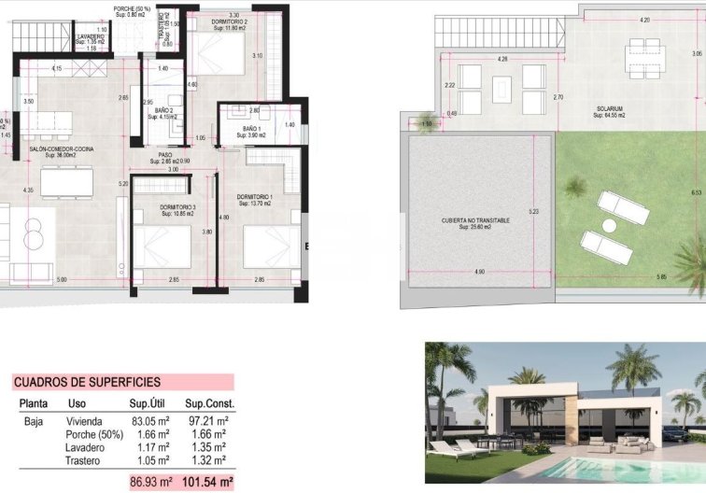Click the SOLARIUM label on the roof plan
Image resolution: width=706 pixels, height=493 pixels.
[x=610, y=108]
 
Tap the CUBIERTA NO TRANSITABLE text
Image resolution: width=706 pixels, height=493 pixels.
[x=476, y=220]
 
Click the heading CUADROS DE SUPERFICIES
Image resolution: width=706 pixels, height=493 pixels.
[x=87, y=382]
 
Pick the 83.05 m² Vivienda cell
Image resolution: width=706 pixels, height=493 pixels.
[x=149, y=420]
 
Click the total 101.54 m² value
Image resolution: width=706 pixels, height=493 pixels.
[x=206, y=482]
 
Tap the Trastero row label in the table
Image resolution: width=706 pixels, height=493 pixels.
[x=84, y=459]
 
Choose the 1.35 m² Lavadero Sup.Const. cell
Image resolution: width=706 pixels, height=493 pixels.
[x=205, y=446]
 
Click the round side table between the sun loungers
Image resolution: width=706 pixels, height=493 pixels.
[x=611, y=226]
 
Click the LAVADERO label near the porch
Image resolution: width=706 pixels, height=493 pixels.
[x=92, y=36]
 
